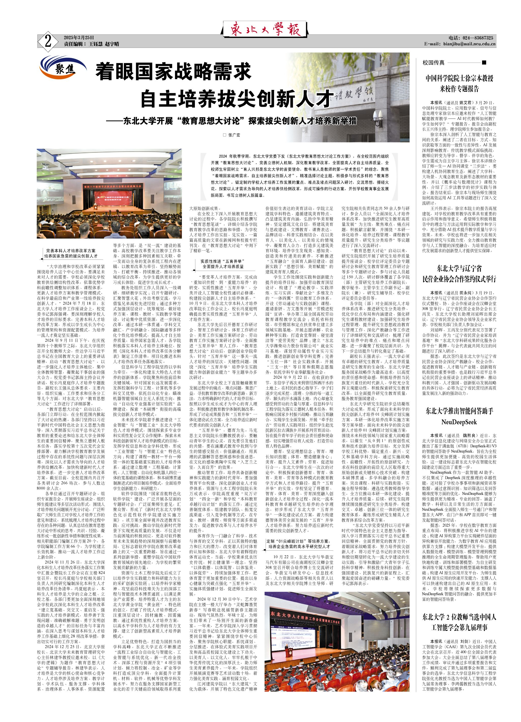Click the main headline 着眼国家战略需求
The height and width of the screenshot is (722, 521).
pyautogui.click(x=174, y=72)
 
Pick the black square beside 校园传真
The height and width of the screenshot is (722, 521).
pyautogui.click(x=484, y=62)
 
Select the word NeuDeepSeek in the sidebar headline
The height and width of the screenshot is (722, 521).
pyautogui.click(x=459, y=422)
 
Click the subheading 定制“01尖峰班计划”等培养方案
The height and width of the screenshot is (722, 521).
pyautogui.click(x=298, y=541)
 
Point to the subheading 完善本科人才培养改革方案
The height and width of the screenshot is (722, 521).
pyautogui.click(x=71, y=251)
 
